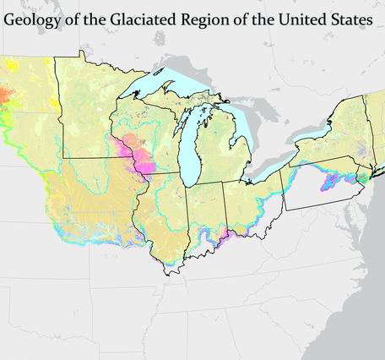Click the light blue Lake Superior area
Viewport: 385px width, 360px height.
[160, 79]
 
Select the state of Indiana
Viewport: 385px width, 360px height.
[207, 211]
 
